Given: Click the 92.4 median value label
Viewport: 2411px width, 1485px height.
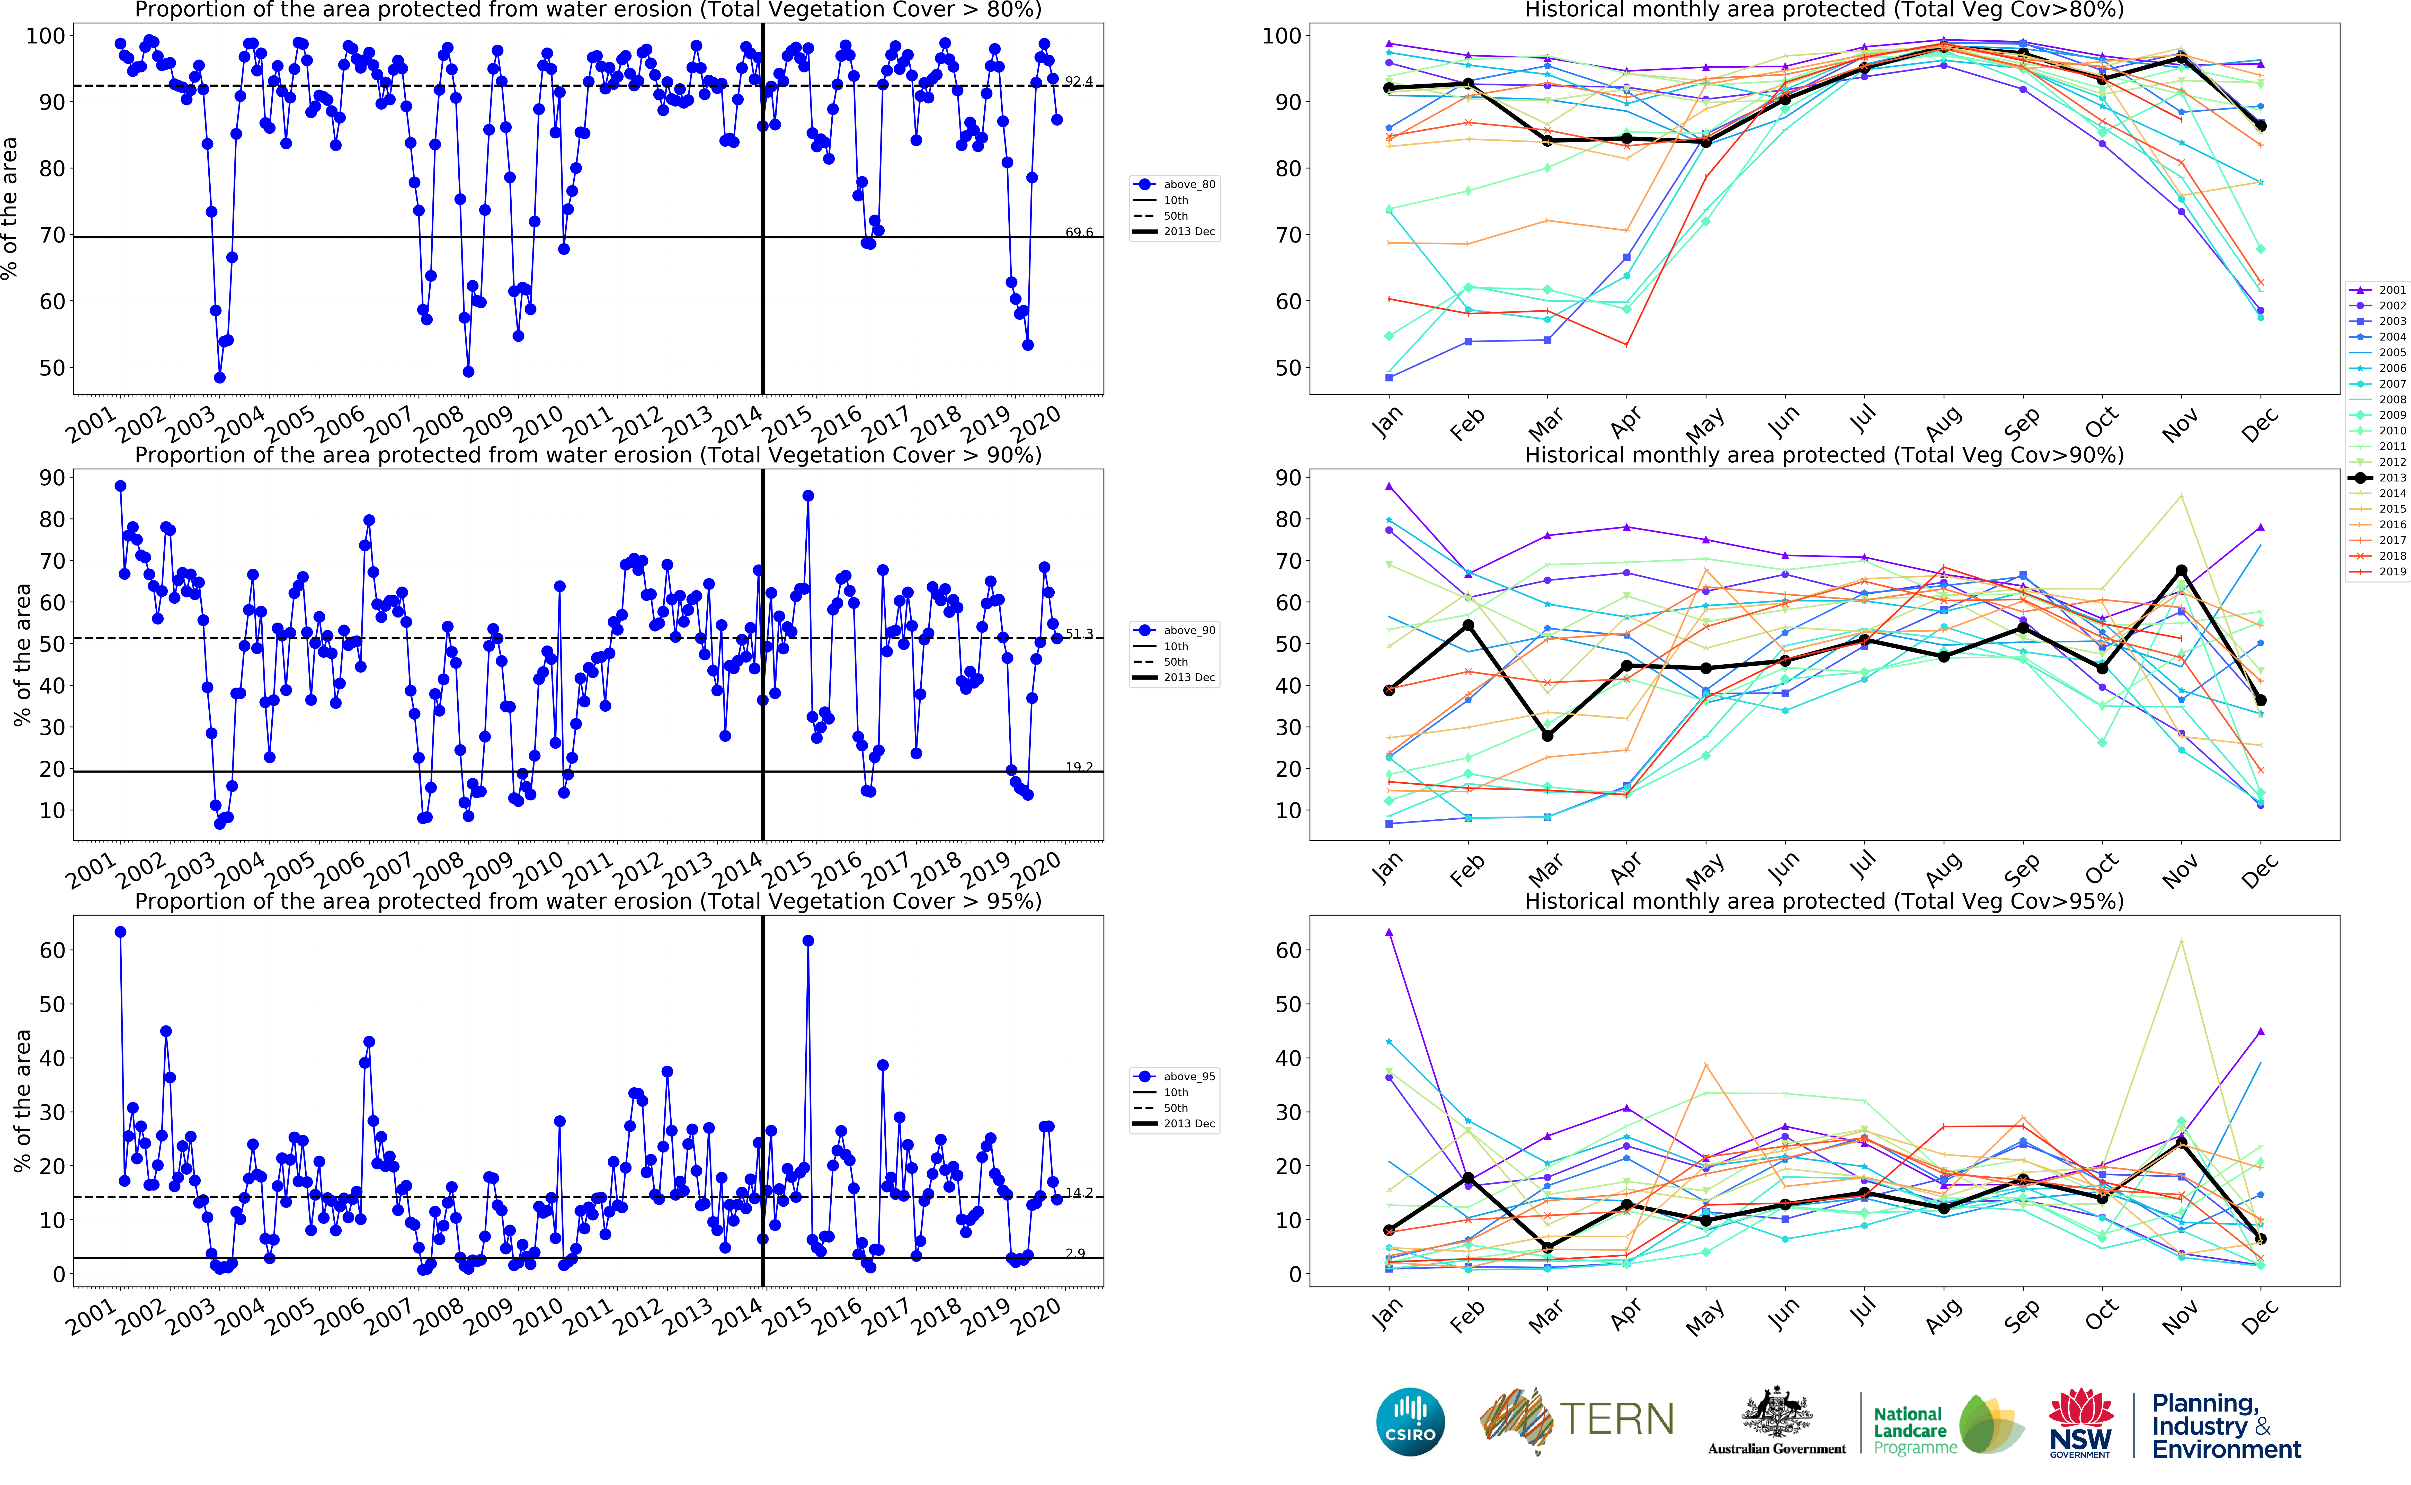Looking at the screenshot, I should pos(1078,82).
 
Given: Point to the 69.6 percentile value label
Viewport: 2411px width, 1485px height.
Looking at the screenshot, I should pos(1078,233).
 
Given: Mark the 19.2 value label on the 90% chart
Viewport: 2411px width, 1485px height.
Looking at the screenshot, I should pos(1078,767).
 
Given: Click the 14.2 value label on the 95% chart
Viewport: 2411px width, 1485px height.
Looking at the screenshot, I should pos(1078,1192).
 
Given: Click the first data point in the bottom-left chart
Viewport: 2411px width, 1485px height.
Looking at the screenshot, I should pos(121,932).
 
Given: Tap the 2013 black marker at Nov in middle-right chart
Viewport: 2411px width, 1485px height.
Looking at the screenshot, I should pos(2181,571).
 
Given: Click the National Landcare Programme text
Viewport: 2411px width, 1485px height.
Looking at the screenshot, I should pos(1910,1431).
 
